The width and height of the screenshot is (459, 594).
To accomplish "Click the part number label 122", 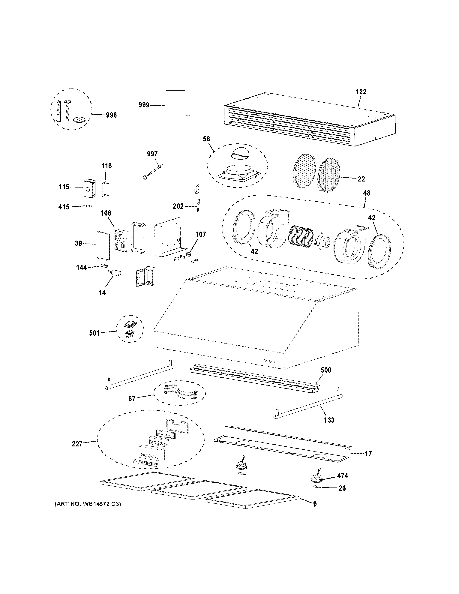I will (x=361, y=92).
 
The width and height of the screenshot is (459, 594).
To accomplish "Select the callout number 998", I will (x=111, y=115).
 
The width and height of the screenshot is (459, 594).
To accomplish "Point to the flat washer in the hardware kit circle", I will (x=79, y=119).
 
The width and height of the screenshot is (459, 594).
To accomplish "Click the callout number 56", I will (x=206, y=139).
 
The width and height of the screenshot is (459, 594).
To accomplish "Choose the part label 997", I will (x=152, y=154).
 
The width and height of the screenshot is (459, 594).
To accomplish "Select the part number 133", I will (x=329, y=420).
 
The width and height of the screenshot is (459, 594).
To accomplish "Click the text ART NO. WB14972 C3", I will (x=88, y=504).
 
